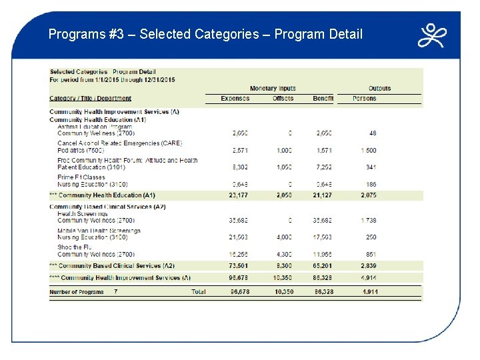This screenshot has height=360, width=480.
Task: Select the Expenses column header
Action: [235, 99]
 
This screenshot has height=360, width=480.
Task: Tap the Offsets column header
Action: [283, 99]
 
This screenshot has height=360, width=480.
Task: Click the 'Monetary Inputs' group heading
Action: [273, 89]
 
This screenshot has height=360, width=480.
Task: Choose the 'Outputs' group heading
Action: [379, 89]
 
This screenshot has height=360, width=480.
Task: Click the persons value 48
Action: [372, 133]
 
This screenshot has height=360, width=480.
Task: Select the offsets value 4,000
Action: [283, 237]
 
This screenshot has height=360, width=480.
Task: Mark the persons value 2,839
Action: [369, 265]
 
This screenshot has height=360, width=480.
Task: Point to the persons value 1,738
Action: [369, 220]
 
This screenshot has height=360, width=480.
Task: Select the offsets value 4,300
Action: [283, 254]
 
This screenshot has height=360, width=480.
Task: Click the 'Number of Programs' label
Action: [77, 292]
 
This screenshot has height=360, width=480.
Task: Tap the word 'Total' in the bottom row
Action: [198, 292]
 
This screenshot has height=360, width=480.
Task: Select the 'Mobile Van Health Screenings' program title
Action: [99, 231]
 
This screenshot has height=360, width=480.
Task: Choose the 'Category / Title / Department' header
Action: [91, 99]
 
